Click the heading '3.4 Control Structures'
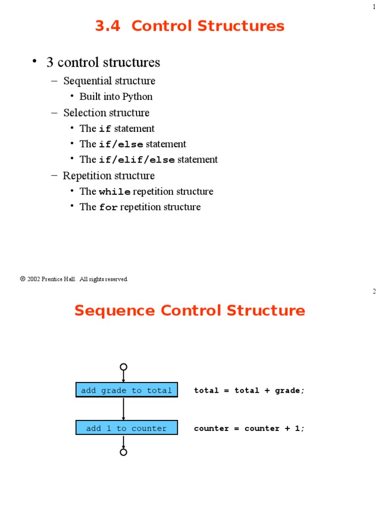tap(190, 26)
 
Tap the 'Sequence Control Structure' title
tap(190, 311)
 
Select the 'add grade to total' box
tap(127, 390)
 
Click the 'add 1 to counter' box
tap(127, 428)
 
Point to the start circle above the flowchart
tap(124, 367)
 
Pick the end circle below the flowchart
tap(124, 452)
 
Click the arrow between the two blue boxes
tap(124, 409)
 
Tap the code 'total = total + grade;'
tap(249, 390)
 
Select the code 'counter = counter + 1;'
tap(249, 428)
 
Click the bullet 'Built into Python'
tap(116, 96)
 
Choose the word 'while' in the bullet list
tap(115, 192)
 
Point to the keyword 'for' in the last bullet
tap(108, 208)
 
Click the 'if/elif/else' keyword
tap(137, 160)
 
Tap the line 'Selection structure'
tap(106, 113)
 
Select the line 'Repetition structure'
tap(109, 175)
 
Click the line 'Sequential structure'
tap(109, 81)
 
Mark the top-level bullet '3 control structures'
tap(103, 62)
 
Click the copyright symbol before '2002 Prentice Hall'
tap(23, 279)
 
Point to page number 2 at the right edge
tap(374, 292)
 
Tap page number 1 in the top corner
tap(374, 6)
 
